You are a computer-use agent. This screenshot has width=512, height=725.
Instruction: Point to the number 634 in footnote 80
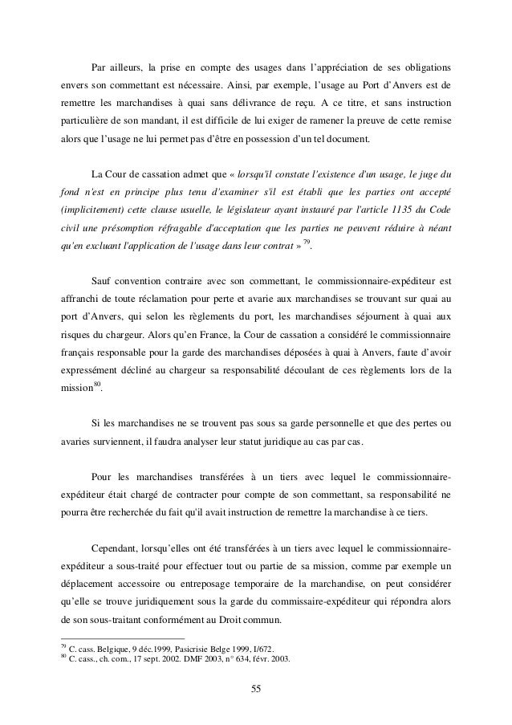click(271, 660)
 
